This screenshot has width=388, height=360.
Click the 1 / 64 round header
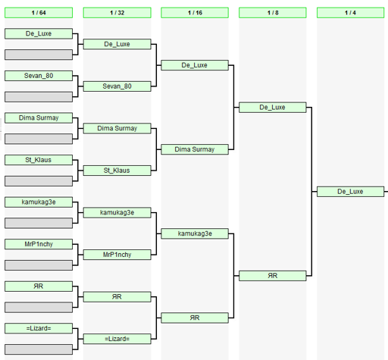click(x=39, y=13)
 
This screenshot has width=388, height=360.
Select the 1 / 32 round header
click(x=117, y=13)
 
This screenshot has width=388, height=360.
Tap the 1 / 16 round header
click(x=195, y=13)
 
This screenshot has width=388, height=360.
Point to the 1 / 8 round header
click(x=273, y=13)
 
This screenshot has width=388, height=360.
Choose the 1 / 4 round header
click(x=350, y=13)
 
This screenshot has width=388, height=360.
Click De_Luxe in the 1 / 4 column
click(x=350, y=192)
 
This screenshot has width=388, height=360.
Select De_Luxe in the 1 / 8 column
click(x=273, y=108)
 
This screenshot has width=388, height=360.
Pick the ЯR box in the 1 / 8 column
click(x=273, y=276)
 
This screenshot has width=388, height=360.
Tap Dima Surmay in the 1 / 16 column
click(x=195, y=149)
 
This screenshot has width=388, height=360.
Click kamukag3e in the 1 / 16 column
click(x=195, y=233)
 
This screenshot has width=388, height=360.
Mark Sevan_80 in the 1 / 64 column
click(x=39, y=76)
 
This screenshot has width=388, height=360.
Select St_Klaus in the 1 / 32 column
click(x=117, y=171)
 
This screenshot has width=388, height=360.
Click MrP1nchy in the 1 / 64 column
click(x=39, y=244)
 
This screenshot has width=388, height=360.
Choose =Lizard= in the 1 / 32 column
click(x=117, y=339)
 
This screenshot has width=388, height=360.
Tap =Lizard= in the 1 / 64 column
click(x=39, y=328)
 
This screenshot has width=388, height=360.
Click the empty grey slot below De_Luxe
click(x=39, y=55)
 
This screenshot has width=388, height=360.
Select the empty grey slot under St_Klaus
click(x=39, y=181)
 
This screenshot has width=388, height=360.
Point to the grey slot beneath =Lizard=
click(x=39, y=349)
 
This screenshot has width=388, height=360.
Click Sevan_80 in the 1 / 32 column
click(x=117, y=86)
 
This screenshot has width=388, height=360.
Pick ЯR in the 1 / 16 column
click(x=195, y=318)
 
